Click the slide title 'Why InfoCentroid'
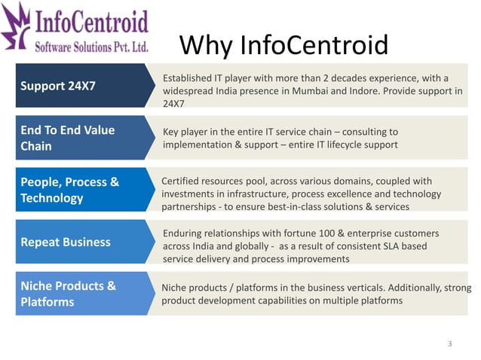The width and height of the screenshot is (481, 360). (284, 46)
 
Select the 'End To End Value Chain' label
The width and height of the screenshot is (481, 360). (68, 138)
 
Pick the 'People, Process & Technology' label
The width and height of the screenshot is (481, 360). (70, 190)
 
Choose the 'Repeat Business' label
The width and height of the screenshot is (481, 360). (66, 242)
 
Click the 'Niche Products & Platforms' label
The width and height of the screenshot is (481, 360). (69, 294)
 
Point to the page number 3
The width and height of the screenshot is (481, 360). (449, 344)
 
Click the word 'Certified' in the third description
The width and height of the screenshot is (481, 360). (183, 181)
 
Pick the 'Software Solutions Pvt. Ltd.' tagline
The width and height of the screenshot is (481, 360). (92, 47)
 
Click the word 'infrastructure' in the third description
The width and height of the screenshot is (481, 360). (252, 194)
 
